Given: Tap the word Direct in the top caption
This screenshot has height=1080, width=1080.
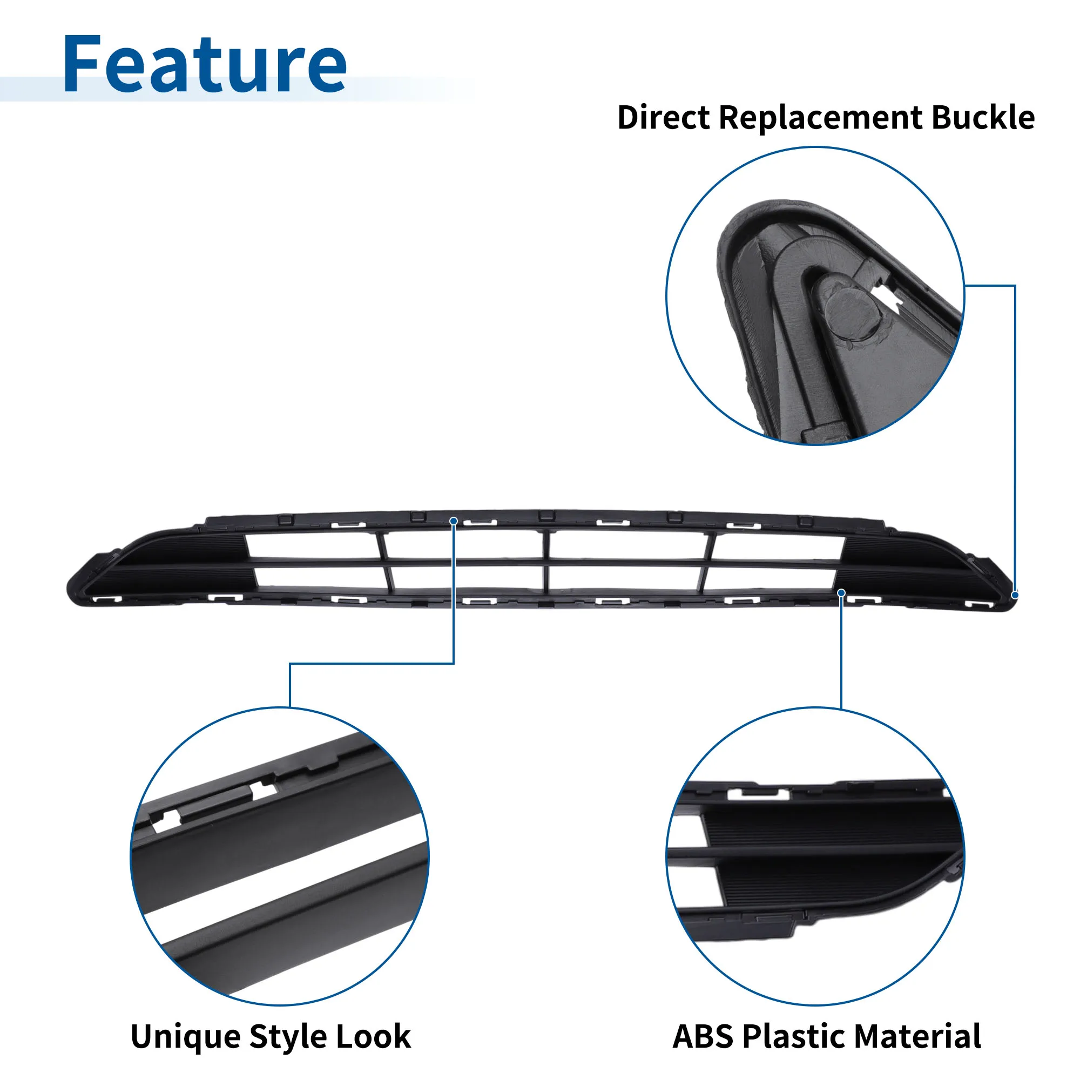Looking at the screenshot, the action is (663, 117).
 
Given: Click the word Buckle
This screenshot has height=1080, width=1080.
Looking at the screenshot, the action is (983, 117).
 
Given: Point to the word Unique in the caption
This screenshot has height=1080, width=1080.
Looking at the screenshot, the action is (186, 1037).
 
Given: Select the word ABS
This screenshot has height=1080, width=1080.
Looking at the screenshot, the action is (703, 1036).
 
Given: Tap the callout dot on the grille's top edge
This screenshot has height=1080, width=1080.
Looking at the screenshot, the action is (454, 521).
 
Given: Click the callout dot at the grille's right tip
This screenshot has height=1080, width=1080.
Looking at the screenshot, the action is (1015, 595).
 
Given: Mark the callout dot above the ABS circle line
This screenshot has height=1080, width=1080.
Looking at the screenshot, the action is (841, 592).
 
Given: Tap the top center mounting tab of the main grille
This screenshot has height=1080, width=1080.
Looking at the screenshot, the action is (546, 515).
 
